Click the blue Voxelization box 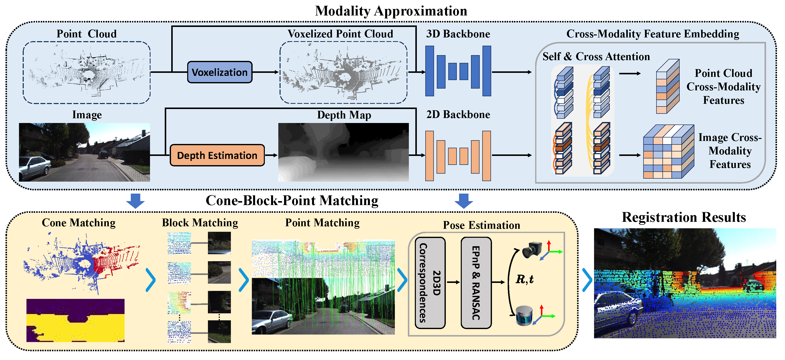[x=219, y=72]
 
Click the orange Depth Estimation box [x=217, y=155]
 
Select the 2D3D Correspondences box [x=430, y=283]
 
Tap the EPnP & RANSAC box [x=476, y=283]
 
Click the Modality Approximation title [x=391, y=11]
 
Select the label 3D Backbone [x=458, y=34]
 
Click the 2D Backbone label [x=458, y=115]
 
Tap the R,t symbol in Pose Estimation [x=524, y=279]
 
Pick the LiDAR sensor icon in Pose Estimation [x=524, y=316]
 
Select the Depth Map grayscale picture [x=343, y=152]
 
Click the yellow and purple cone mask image [x=75, y=320]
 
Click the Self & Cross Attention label [x=596, y=57]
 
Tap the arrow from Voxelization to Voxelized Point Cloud [x=265, y=72]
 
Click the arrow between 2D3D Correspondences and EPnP [x=453, y=282]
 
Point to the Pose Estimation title [x=481, y=225]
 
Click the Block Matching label [x=200, y=223]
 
